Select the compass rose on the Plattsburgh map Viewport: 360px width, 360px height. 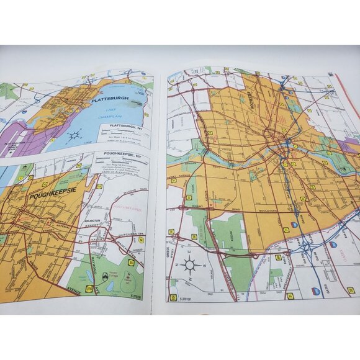(x=73, y=134)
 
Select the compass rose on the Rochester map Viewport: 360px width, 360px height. (x=189, y=265)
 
